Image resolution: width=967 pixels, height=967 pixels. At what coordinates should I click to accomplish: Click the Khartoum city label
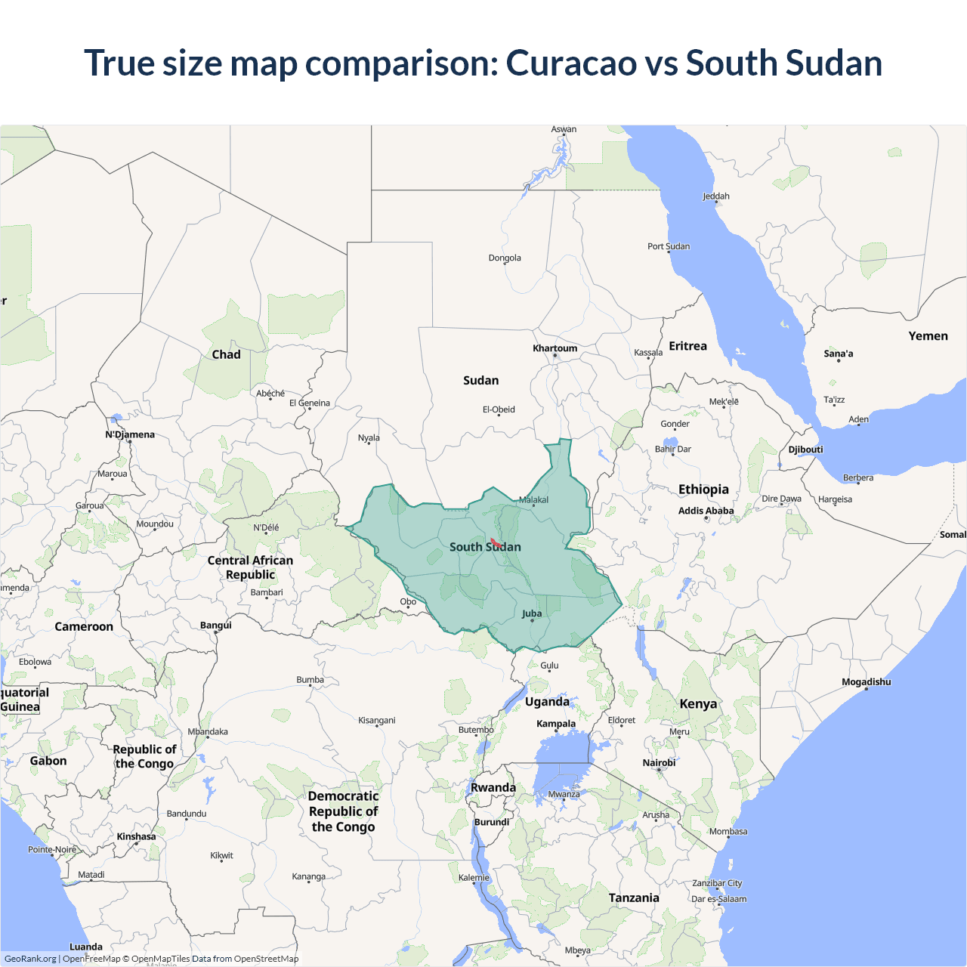pyautogui.click(x=555, y=348)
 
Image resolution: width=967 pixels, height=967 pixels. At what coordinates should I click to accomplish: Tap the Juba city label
pyautogui.click(x=532, y=613)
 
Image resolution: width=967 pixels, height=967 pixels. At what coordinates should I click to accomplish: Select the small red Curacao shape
pyautogui.click(x=496, y=542)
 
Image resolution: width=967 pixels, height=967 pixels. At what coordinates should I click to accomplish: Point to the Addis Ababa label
pyautogui.click(x=706, y=511)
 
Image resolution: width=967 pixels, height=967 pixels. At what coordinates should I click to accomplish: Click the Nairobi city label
pyautogui.click(x=659, y=763)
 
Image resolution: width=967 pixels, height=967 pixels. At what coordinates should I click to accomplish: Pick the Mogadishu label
pyautogui.click(x=866, y=682)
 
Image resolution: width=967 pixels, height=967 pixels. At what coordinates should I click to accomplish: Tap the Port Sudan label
pyautogui.click(x=668, y=246)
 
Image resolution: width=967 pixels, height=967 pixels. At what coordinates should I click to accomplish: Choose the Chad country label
pyautogui.click(x=226, y=354)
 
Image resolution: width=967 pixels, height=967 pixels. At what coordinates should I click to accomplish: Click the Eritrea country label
pyautogui.click(x=687, y=346)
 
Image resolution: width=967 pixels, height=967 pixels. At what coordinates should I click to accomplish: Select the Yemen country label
pyautogui.click(x=928, y=336)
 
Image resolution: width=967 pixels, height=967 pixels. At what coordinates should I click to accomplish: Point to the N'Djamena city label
pyautogui.click(x=130, y=434)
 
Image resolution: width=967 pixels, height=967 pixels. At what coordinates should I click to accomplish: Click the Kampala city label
pyautogui.click(x=556, y=724)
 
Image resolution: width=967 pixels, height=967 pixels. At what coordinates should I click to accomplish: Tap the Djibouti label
pyautogui.click(x=805, y=450)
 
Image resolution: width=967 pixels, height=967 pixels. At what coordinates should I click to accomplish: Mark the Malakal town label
pyautogui.click(x=533, y=500)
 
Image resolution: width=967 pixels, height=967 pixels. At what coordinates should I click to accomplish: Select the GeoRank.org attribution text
pyautogui.click(x=30, y=959)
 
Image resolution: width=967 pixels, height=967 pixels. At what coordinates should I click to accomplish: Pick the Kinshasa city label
pyautogui.click(x=136, y=836)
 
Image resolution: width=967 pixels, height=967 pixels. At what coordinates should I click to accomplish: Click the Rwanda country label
pyautogui.click(x=493, y=787)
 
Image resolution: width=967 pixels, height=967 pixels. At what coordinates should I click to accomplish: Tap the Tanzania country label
pyautogui.click(x=634, y=897)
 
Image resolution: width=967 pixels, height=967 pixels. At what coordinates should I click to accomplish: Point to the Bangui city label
pyautogui.click(x=216, y=626)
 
